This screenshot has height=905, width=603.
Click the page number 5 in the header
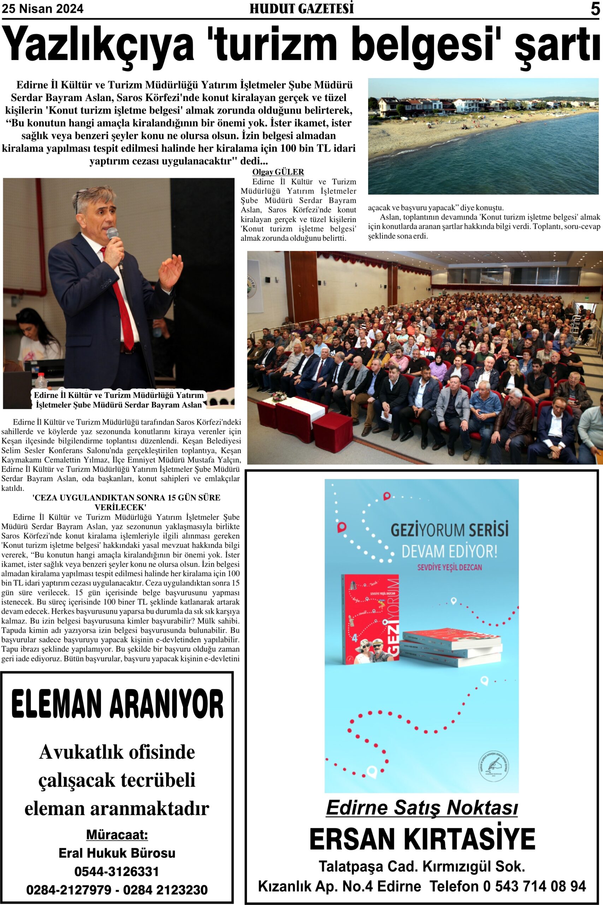(x=595, y=9)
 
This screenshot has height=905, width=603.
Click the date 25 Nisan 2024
(x=43, y=9)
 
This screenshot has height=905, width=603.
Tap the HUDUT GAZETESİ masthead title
(x=302, y=9)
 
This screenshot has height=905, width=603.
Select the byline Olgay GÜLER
(x=278, y=172)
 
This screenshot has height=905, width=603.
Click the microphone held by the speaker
(x=112, y=234)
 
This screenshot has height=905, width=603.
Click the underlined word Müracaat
(x=117, y=835)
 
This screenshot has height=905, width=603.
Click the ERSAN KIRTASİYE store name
(x=422, y=839)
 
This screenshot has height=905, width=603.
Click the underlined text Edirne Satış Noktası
(x=422, y=807)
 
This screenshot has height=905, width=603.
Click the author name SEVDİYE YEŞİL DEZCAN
(x=449, y=567)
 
